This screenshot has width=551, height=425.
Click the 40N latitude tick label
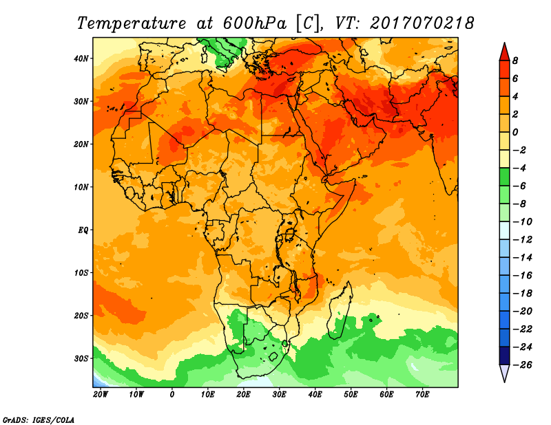(81, 58)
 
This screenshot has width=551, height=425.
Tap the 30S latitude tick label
(81, 358)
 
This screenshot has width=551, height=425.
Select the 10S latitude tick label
(81, 273)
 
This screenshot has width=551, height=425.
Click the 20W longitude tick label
(100, 394)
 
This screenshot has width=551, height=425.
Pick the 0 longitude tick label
(172, 394)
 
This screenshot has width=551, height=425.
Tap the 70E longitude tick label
(423, 394)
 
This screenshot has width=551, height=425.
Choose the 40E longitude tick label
(315, 394)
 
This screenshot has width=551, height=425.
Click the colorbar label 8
(515, 61)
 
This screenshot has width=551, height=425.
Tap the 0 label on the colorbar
(515, 132)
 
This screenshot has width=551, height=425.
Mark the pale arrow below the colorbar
(503, 373)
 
